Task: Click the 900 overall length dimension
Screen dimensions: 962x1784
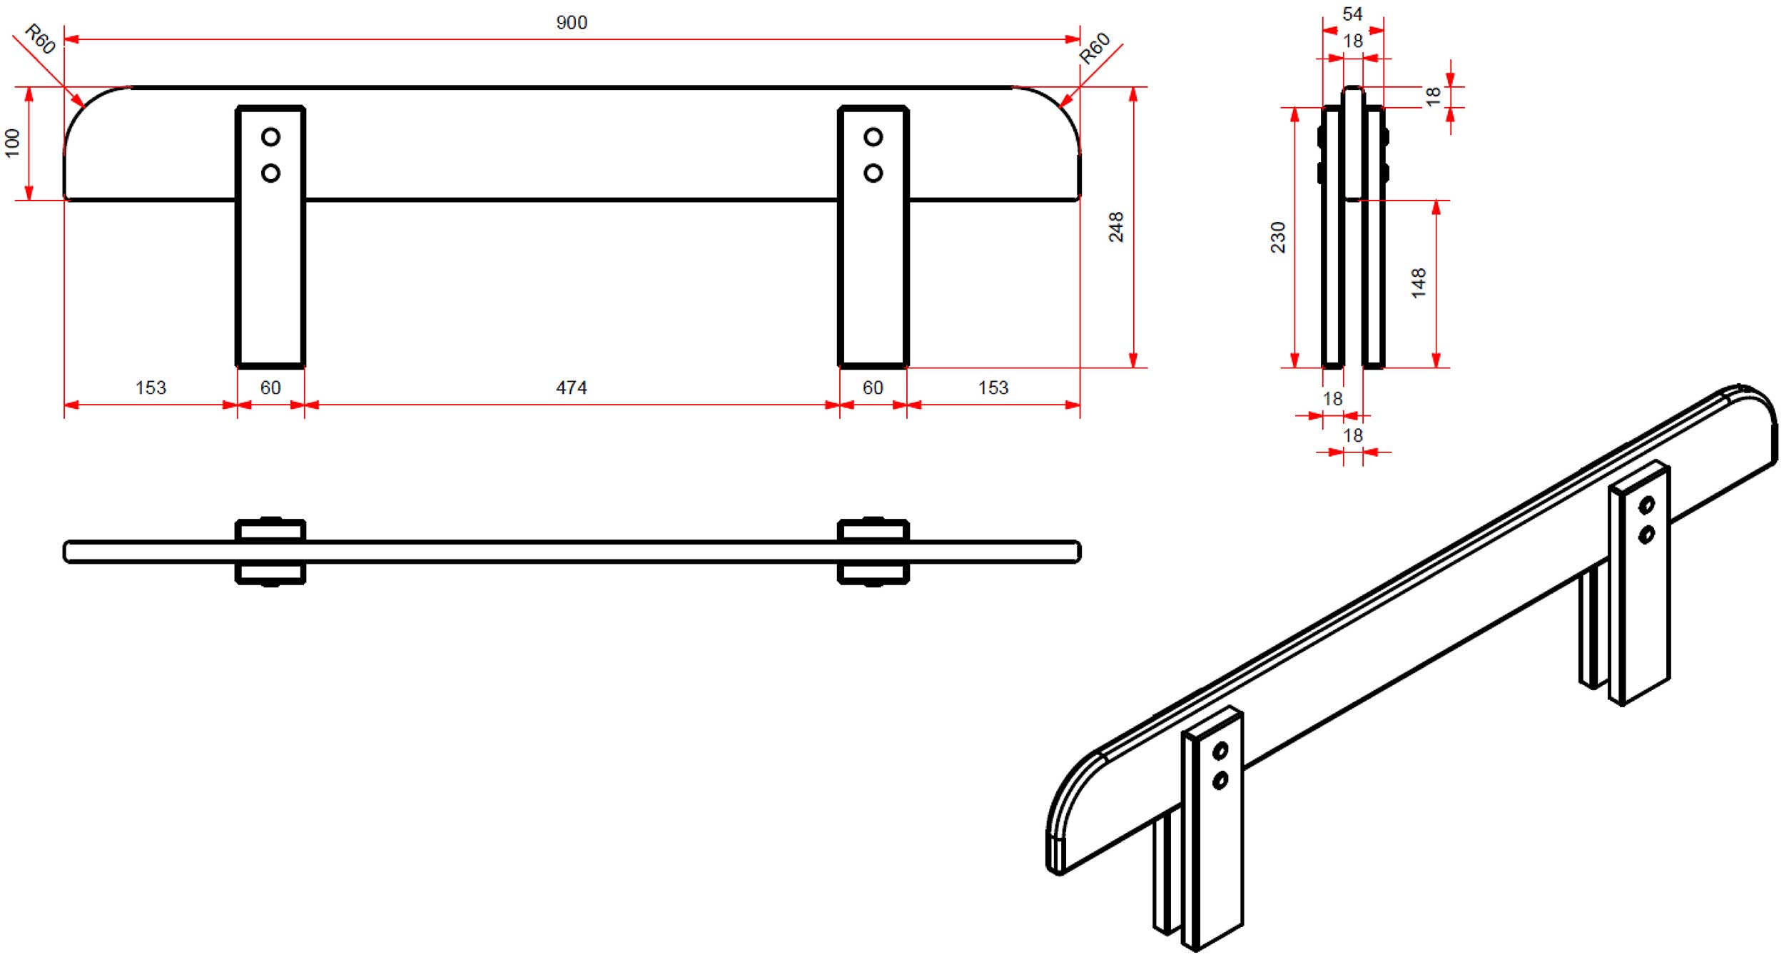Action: (x=572, y=23)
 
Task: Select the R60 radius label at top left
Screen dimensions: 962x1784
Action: (x=40, y=39)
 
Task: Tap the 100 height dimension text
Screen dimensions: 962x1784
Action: (x=12, y=143)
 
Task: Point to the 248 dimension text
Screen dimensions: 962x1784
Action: (x=1116, y=227)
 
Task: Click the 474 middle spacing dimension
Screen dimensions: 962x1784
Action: (x=572, y=388)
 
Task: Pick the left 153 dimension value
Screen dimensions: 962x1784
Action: (x=151, y=388)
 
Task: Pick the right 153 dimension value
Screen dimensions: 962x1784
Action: (x=993, y=388)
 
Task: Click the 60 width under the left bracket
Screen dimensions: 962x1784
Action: (x=270, y=388)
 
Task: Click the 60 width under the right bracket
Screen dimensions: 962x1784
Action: (x=873, y=388)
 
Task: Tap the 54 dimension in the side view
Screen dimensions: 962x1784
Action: (x=1352, y=14)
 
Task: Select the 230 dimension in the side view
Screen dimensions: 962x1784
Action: (x=1277, y=238)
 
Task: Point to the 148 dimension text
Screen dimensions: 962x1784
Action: (x=1418, y=283)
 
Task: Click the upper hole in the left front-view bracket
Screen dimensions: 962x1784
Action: (x=270, y=136)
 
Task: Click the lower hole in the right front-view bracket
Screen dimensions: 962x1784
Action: (x=873, y=173)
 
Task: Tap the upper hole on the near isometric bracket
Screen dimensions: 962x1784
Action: (x=1220, y=751)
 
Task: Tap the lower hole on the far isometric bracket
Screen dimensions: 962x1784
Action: (x=1646, y=535)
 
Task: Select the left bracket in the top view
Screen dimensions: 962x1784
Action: (x=270, y=552)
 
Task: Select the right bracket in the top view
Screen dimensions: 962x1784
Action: (x=873, y=552)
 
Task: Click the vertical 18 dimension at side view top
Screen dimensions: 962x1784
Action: (x=1432, y=96)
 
